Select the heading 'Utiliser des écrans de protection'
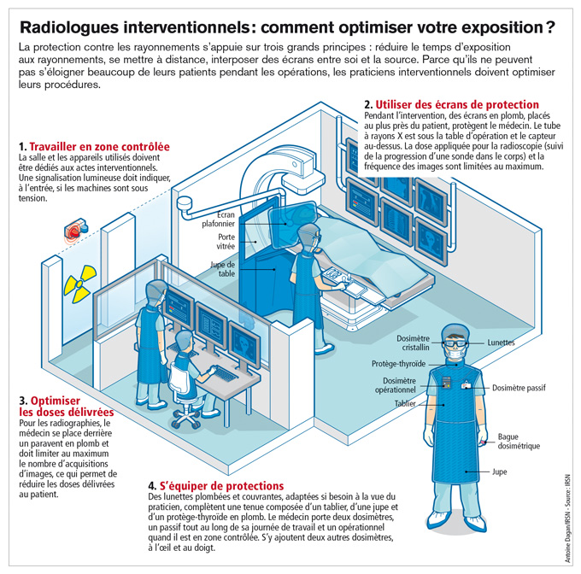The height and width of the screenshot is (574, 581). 444,103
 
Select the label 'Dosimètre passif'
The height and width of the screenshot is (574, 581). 519,388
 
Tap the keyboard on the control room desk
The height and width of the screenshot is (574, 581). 223,373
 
